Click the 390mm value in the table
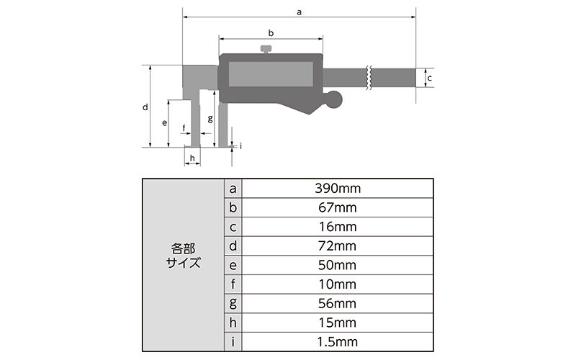337,189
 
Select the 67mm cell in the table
337,208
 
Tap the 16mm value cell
337,227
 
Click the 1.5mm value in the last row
337,342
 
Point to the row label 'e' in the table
233,265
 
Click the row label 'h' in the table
233,323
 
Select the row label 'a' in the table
233,189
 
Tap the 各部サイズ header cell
183,265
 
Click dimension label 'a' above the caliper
299,11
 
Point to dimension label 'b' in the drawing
271,33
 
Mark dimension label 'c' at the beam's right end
429,76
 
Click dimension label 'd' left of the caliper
145,107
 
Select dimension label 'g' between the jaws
210,118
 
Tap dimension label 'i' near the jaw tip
240,145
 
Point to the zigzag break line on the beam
369,77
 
